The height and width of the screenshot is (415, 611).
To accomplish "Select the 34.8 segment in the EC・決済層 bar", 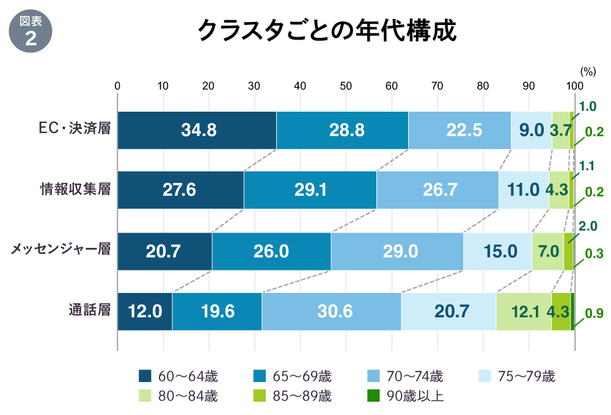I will point(197,130).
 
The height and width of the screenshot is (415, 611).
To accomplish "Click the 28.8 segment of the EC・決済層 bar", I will point(342,130).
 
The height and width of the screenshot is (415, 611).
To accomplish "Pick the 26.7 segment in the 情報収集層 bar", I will point(437,190).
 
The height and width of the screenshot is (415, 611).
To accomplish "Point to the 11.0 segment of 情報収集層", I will point(524,190).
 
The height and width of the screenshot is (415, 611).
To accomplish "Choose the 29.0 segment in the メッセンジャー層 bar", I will point(397,251).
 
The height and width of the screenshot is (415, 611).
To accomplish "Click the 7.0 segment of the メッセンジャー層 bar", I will point(547,251).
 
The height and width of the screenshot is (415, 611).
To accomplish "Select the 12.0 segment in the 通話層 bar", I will point(145,311).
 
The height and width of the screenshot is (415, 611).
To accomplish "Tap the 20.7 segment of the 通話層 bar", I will point(448,311).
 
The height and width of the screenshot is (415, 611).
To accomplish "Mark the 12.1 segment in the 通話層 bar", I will point(524,311).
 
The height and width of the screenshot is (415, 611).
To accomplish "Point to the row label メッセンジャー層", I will point(60,250).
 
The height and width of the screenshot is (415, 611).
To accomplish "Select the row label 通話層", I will point(89,311).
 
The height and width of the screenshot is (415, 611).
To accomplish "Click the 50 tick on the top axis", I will point(345,86).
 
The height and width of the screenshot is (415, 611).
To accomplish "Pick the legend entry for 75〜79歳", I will point(516,376).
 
